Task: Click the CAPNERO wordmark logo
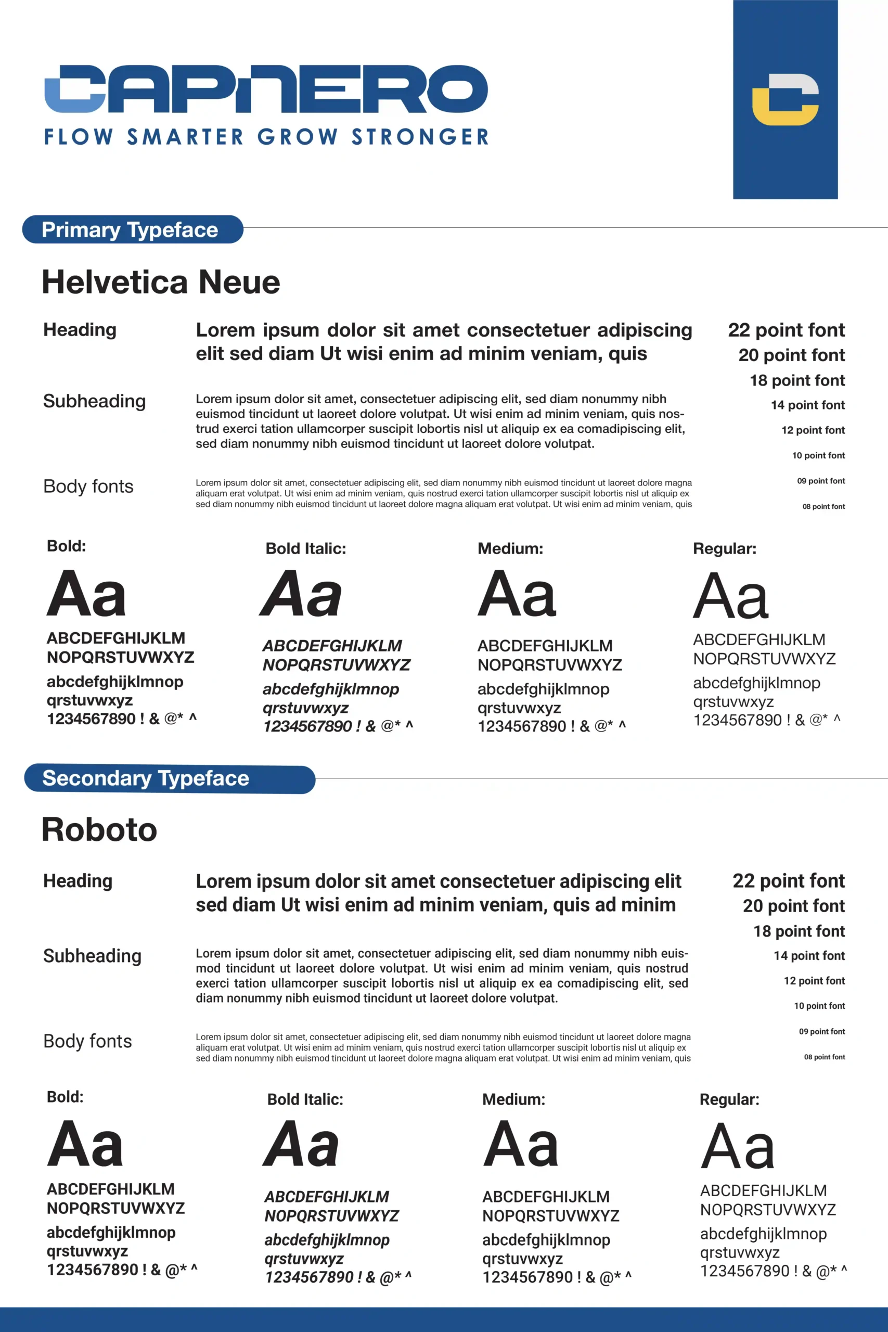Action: (x=266, y=89)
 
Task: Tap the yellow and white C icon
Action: (x=785, y=99)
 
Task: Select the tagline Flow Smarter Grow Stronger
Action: (x=266, y=137)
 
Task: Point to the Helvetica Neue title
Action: (x=161, y=282)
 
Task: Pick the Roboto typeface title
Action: (x=99, y=830)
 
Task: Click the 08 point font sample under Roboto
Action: (x=824, y=1057)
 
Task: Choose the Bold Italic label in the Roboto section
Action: (x=305, y=1099)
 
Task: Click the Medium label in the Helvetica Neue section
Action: (x=510, y=548)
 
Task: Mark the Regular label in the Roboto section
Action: (x=729, y=1099)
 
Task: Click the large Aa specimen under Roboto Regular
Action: (x=737, y=1146)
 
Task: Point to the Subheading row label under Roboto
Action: (x=92, y=956)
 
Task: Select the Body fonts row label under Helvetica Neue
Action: (x=88, y=486)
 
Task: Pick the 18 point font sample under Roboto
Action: (x=799, y=931)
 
